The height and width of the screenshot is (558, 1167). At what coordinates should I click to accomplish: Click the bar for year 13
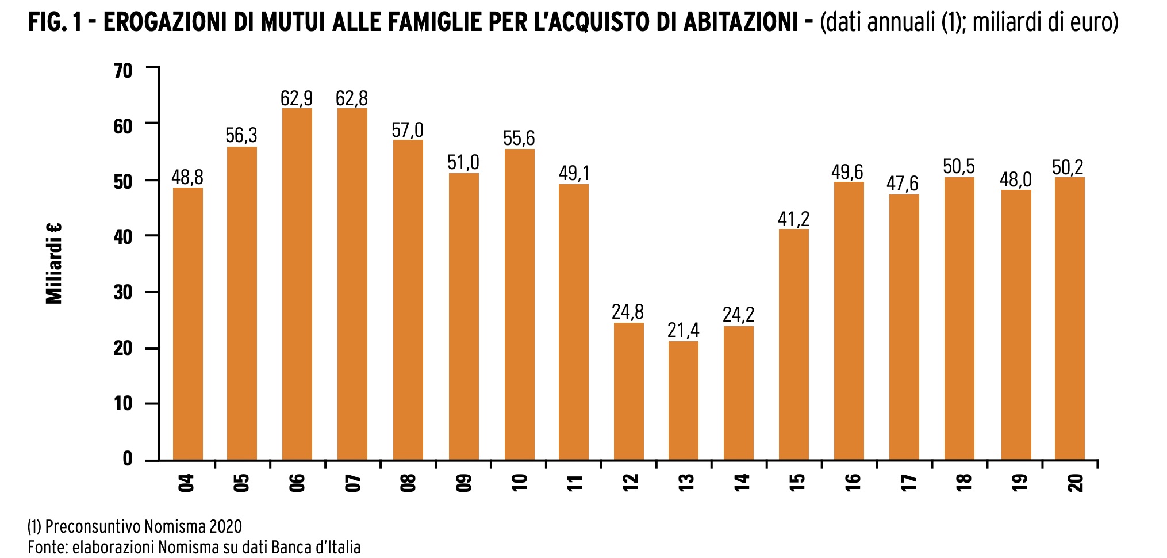pyautogui.click(x=683, y=400)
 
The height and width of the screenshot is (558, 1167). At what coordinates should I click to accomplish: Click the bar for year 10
pyautogui.click(x=519, y=304)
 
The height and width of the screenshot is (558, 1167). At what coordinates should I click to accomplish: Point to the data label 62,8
pyautogui.click(x=351, y=98)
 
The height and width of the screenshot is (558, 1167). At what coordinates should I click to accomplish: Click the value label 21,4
pyautogui.click(x=683, y=330)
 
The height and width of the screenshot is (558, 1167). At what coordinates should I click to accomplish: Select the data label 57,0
pyautogui.click(x=407, y=130)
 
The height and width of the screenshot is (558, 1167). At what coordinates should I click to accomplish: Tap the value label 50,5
pyautogui.click(x=959, y=167)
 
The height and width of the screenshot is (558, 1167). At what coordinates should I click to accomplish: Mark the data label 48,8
pyautogui.click(x=187, y=177)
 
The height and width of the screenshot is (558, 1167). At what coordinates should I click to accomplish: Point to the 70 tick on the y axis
pyautogui.click(x=123, y=71)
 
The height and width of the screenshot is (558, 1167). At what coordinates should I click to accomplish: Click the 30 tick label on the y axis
pyautogui.click(x=123, y=293)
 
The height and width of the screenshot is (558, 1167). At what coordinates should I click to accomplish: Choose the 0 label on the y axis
pyautogui.click(x=127, y=459)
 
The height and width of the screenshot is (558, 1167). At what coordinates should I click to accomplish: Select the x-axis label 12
pyautogui.click(x=630, y=482)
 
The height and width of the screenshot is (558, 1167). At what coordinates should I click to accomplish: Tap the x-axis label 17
pyautogui.click(x=908, y=482)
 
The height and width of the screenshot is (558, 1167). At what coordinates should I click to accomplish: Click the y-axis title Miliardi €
pyautogui.click(x=54, y=263)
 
